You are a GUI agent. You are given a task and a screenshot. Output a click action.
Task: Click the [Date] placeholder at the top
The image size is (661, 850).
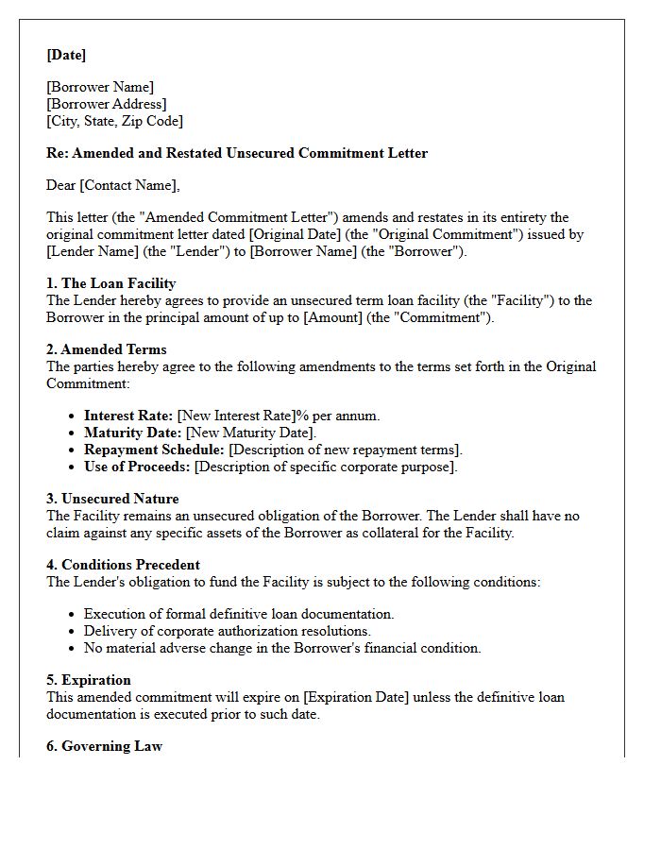coord(66,55)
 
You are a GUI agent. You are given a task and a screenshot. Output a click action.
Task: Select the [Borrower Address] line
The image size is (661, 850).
coord(107,104)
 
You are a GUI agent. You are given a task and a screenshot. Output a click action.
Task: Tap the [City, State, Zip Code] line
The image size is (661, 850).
coord(114,121)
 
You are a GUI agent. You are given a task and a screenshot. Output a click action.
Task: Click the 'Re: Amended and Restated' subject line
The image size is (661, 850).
coord(237,153)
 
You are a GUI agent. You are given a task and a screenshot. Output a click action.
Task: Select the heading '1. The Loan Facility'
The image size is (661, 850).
coord(111,283)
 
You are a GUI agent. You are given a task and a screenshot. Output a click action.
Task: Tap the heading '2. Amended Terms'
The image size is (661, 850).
coord(107,349)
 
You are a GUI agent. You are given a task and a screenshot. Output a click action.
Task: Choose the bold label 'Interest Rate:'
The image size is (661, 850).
coord(128,416)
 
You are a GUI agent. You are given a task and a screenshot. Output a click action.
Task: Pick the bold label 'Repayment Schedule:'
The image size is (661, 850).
coord(154,450)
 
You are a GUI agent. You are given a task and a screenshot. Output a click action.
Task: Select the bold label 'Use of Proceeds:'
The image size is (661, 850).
coord(137,467)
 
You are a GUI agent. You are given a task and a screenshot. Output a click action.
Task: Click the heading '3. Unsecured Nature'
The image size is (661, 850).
coord(112,499)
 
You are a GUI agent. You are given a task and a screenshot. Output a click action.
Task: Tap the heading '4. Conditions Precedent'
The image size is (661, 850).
coord(123,565)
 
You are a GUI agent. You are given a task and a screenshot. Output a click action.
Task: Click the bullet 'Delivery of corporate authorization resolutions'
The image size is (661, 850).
coord(228,631)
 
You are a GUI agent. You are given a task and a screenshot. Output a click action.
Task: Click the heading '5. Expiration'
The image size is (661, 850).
coord(89,680)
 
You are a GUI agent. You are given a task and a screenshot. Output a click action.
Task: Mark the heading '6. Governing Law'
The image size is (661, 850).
coord(104,746)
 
